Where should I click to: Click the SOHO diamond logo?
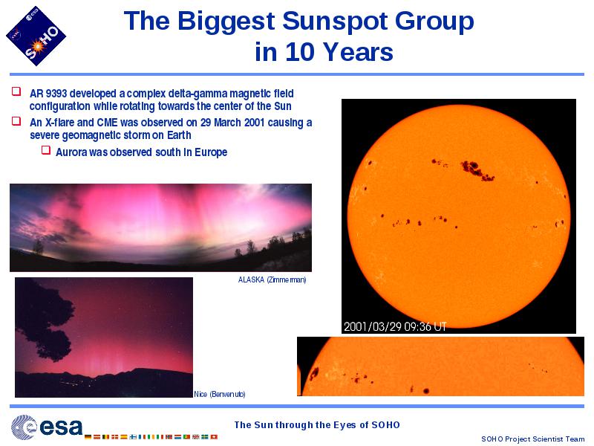click(36, 36)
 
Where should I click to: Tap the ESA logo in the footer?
click(47, 427)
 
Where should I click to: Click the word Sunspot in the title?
click(336, 21)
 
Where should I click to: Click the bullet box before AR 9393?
click(16, 91)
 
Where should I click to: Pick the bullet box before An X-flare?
click(16, 120)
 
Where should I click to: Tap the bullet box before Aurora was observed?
click(46, 150)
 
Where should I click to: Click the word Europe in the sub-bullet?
click(211, 152)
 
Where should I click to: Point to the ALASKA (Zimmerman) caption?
click(272, 280)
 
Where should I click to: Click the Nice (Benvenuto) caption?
click(220, 395)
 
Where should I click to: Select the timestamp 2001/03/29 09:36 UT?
click(395, 326)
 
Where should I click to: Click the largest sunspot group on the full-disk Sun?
click(477, 170)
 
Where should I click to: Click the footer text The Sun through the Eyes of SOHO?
click(317, 424)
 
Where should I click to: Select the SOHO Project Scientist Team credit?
click(532, 439)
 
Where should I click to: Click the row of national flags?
click(151, 437)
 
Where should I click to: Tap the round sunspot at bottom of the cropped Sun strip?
click(426, 391)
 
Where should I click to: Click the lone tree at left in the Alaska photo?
click(39, 247)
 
